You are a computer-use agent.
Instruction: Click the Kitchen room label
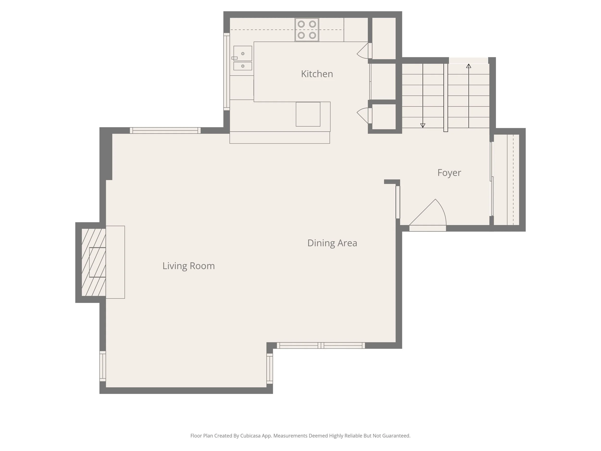click(x=317, y=74)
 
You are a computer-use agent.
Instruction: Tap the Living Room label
click(x=188, y=266)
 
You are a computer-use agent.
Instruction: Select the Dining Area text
click(x=332, y=243)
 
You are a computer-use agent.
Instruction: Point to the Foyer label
click(x=449, y=173)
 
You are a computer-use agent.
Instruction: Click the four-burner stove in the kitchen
click(x=307, y=30)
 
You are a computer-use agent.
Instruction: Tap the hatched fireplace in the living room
click(x=94, y=262)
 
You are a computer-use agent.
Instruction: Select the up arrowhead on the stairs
click(x=469, y=66)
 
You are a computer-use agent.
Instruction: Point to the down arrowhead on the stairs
click(x=423, y=125)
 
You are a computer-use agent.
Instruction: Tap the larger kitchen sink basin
click(x=243, y=53)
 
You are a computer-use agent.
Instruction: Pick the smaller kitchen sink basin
click(x=243, y=66)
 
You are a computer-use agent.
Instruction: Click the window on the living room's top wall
click(x=165, y=130)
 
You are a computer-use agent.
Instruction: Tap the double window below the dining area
click(x=321, y=345)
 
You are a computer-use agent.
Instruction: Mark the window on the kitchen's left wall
click(x=227, y=72)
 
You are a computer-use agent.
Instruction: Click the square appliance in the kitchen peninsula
click(x=308, y=114)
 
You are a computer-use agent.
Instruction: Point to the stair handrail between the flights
click(x=446, y=98)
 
